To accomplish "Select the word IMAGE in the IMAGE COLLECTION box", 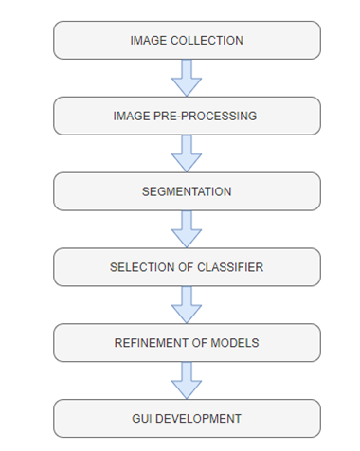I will tap(149, 41).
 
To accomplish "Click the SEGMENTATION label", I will tap(187, 191).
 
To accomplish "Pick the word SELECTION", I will tap(140, 267).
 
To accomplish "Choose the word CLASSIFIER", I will tap(227, 267).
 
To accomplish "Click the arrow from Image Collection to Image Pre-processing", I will tap(187, 78).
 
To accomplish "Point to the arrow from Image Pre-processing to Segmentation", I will tap(187, 153).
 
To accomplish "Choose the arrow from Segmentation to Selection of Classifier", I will tap(187, 229).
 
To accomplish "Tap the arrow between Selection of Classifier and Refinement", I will tap(187, 305).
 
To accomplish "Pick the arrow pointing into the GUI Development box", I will tap(187, 380).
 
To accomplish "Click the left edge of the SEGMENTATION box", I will tap(54, 191).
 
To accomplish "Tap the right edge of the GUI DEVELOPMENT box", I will tap(320, 418).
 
